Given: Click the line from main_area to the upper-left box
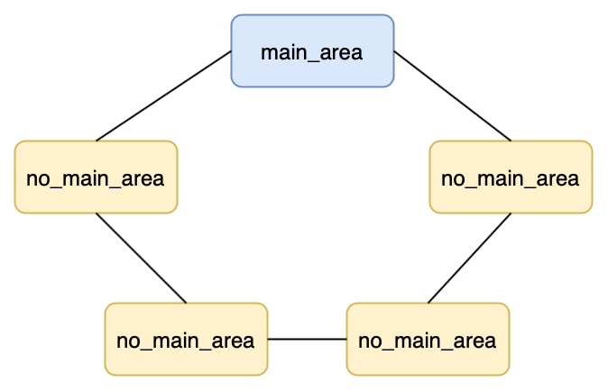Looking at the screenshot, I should (x=163, y=95).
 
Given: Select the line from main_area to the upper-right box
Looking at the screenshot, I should (x=452, y=95).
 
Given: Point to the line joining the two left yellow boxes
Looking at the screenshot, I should (x=141, y=258).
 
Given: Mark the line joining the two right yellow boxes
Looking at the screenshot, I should (x=469, y=258).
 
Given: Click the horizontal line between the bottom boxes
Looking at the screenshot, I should (x=307, y=340).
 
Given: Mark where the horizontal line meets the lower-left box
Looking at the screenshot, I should (x=268, y=340).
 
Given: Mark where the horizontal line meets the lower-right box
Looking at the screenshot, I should (x=346, y=340).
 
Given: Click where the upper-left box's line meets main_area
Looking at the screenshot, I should (x=232, y=51).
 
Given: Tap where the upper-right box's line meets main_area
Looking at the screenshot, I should (x=393, y=51).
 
